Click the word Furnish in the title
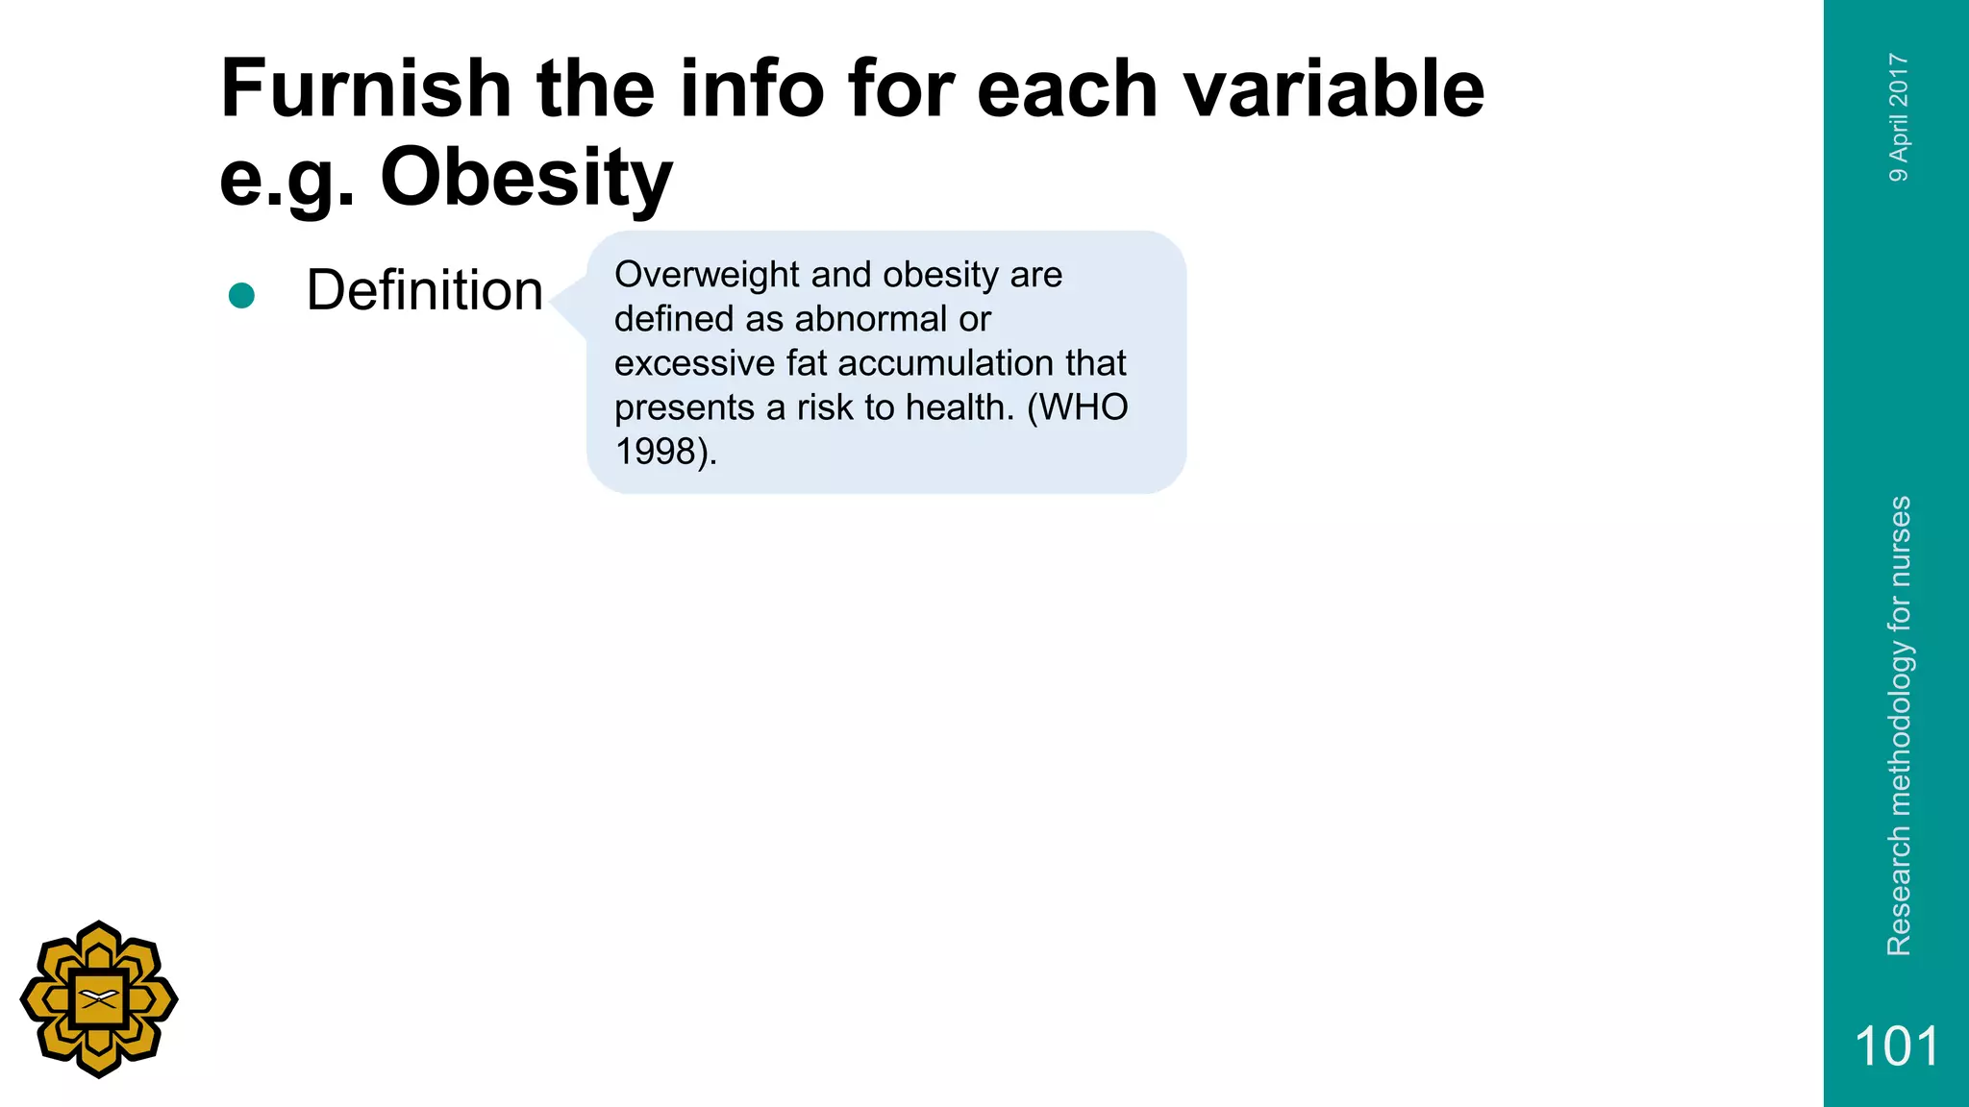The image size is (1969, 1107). [366, 88]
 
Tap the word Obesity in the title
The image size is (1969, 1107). [526, 177]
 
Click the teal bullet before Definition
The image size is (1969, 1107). [241, 295]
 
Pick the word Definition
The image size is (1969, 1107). [424, 290]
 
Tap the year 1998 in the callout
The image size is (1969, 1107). [655, 452]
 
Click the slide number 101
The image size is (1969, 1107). [1896, 1045]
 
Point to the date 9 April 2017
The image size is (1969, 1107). [1899, 117]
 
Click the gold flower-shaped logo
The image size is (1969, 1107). [99, 999]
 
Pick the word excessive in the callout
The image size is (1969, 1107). [694, 363]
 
